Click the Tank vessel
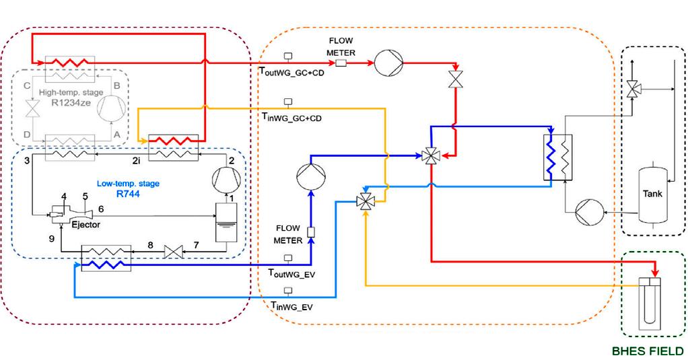652,194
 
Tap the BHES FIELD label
648,351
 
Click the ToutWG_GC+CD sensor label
291,72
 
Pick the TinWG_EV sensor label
290,306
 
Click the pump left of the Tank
589,213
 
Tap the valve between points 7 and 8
175,252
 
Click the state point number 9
50,238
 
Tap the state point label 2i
135,160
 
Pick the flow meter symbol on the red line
341,63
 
